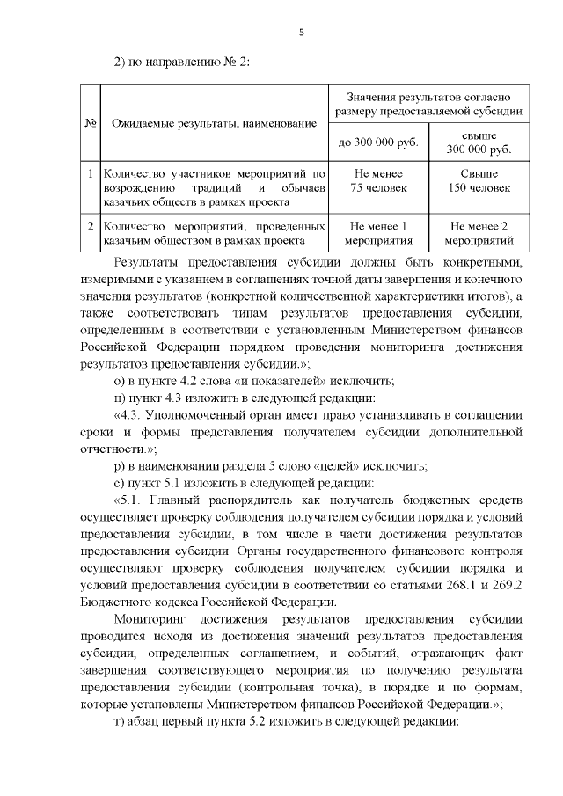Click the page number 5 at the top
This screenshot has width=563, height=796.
point(301,33)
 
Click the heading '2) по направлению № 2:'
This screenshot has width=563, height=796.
point(184,60)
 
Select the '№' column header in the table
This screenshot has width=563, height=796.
point(90,123)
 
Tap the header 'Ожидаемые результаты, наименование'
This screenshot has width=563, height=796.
point(213,124)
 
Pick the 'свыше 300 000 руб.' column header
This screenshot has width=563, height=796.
point(479,142)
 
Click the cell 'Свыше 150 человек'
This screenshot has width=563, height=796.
point(479,181)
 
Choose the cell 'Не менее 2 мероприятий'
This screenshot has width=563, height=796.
point(479,231)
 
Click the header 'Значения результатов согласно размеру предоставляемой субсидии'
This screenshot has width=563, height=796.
point(428,104)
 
